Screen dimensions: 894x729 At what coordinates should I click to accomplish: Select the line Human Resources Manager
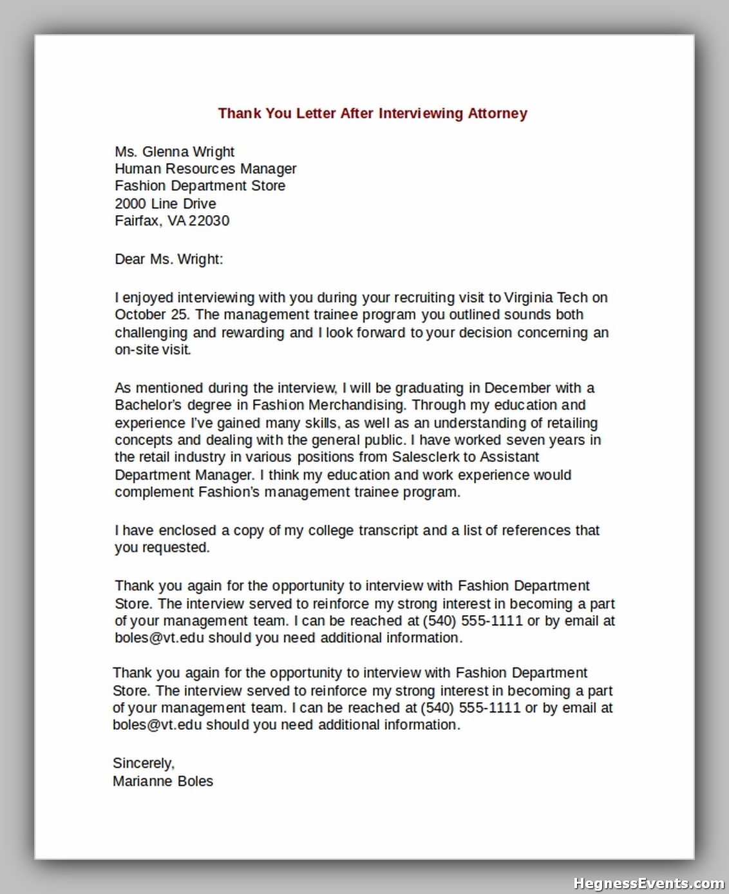[x=205, y=169]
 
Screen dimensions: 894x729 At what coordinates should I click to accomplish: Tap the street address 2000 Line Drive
[x=166, y=204]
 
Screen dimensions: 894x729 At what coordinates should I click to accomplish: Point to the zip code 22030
[x=209, y=221]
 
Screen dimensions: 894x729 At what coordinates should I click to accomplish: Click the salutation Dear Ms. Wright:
[x=169, y=259]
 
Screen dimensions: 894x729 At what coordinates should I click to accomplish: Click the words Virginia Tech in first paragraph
[x=545, y=298]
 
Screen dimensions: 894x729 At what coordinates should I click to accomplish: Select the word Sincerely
[x=143, y=763]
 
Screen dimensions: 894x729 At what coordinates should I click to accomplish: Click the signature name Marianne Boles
[x=163, y=781]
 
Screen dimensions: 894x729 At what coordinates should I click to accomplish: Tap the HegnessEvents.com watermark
[x=649, y=883]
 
